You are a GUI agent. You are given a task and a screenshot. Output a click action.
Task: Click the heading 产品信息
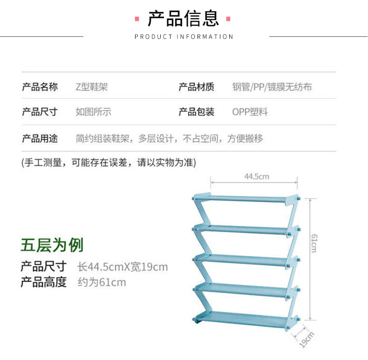(183, 19)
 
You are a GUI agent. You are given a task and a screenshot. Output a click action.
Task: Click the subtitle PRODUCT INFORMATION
(184, 37)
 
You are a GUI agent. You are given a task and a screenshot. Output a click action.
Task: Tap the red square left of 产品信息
(137, 19)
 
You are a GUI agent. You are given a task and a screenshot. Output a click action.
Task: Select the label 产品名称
(40, 87)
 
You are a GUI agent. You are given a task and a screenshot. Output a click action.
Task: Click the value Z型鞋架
(92, 87)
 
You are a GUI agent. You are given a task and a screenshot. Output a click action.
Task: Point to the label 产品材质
(197, 87)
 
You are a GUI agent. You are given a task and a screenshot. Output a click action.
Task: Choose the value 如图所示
(94, 112)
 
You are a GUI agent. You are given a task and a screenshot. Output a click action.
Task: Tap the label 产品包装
(197, 112)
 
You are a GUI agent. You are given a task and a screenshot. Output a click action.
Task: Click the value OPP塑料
(250, 112)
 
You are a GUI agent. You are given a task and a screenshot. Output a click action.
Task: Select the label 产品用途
(40, 138)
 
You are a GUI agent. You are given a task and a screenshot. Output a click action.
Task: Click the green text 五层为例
(52, 244)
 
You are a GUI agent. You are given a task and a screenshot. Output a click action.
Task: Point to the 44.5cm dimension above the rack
(257, 176)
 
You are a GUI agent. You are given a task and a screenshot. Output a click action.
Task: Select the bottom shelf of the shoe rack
(245, 319)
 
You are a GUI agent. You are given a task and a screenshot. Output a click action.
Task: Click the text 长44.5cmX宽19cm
(123, 267)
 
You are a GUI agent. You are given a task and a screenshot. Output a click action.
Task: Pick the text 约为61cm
(102, 282)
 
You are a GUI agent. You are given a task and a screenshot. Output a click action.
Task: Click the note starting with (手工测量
(109, 163)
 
